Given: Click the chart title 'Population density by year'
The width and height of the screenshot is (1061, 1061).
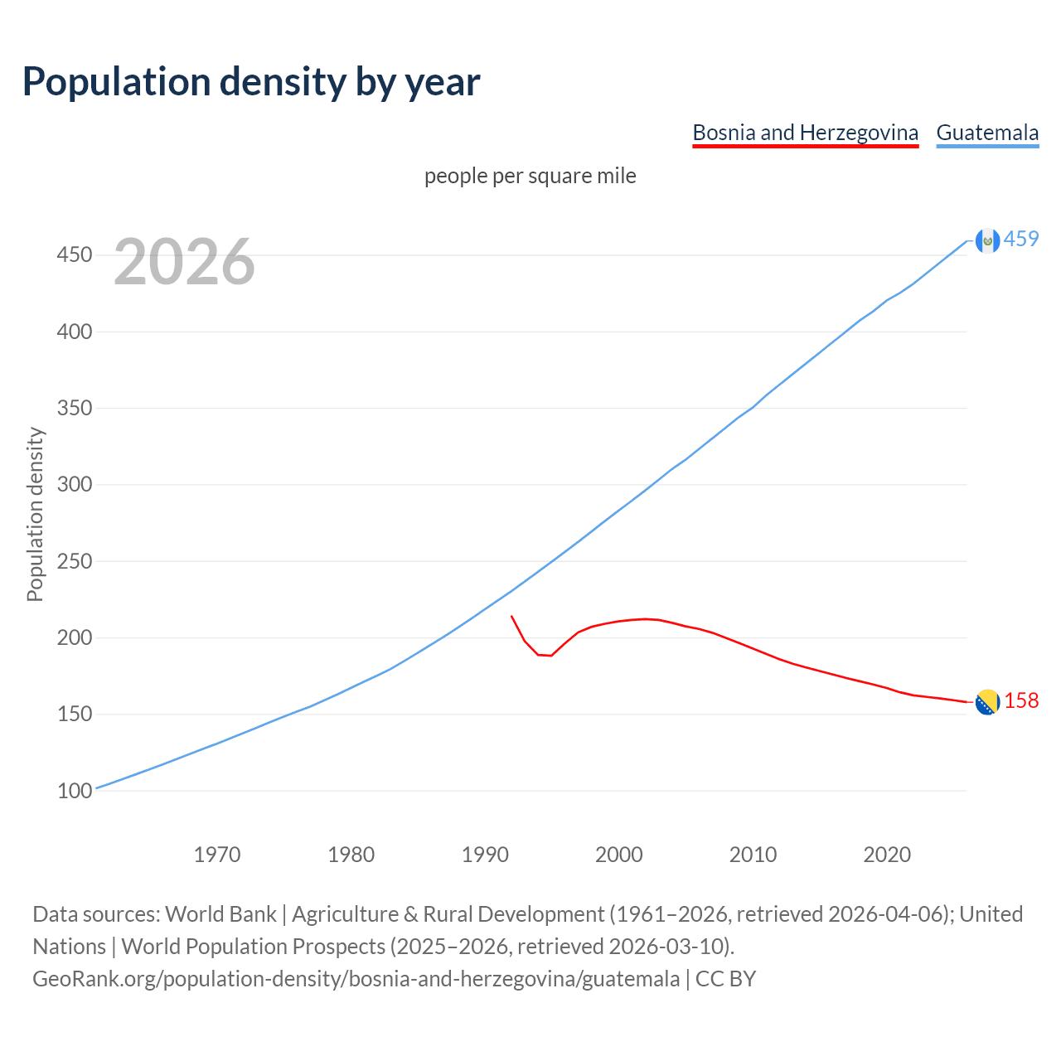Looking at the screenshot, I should [251, 82].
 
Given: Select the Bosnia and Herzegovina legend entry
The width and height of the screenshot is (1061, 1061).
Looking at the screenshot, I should [805, 133].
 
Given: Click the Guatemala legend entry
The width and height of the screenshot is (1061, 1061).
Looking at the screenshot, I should [987, 133].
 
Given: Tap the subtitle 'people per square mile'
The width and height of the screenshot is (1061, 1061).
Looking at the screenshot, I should [530, 177].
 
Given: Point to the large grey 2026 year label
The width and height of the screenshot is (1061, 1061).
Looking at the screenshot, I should [184, 262].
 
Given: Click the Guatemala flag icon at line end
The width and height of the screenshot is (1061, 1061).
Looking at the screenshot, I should [987, 240].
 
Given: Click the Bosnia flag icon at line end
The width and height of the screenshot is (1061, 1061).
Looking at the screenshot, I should [987, 702].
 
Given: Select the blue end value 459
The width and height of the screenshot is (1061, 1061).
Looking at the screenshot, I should [1021, 240].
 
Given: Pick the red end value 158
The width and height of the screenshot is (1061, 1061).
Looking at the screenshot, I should [1021, 701].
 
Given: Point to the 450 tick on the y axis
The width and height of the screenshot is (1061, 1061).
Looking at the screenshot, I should [74, 254].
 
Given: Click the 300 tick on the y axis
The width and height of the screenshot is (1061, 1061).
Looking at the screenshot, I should [74, 485].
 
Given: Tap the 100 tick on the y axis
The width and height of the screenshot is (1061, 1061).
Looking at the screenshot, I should [74, 792].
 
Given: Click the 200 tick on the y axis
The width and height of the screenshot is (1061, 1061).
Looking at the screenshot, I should [74, 638].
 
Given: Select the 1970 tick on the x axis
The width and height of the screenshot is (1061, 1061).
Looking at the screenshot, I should [217, 855].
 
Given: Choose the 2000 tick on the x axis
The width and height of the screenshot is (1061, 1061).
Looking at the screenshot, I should [619, 855].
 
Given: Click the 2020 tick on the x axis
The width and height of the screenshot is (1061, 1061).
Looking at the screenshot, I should [887, 855].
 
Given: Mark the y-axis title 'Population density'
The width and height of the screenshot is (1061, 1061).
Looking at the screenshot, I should [35, 514].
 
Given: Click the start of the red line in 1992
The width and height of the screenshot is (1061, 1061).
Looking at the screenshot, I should [512, 617].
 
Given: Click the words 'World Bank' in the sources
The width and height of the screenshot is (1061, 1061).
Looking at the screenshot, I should [220, 914].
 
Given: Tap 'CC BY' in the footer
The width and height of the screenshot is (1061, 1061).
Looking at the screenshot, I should [725, 979].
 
